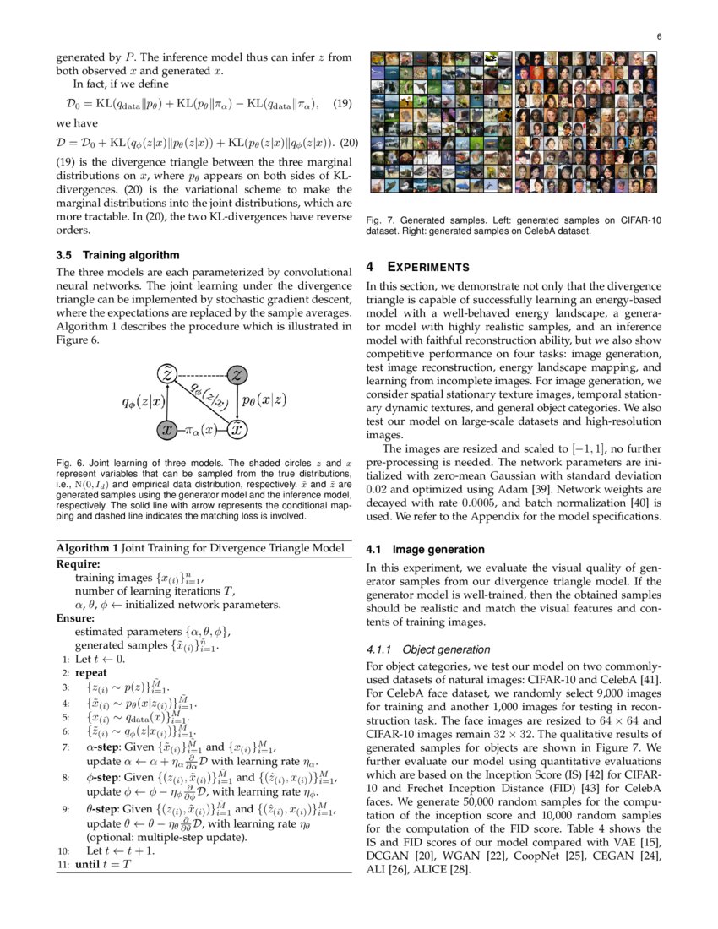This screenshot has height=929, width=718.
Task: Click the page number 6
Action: (x=658, y=36)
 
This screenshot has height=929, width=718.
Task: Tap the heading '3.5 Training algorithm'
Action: (x=117, y=254)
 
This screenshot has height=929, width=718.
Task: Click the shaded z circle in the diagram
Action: (x=238, y=374)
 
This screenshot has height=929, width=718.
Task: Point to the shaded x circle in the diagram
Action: (x=168, y=429)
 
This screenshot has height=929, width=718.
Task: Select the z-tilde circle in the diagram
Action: (x=168, y=374)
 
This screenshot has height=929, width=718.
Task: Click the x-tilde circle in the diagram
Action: (x=238, y=429)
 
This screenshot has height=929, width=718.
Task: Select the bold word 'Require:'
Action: (x=78, y=563)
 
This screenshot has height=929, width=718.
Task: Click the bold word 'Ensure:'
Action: (x=75, y=617)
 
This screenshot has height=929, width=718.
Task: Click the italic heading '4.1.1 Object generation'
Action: (x=427, y=649)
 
